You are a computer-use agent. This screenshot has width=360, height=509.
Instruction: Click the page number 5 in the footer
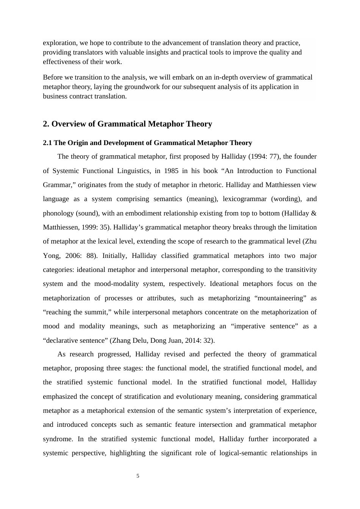click(138, 476)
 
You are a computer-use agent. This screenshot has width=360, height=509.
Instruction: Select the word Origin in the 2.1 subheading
click(77, 143)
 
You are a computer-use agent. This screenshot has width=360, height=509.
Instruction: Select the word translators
click(89, 52)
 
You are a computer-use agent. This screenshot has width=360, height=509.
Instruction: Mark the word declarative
click(61, 340)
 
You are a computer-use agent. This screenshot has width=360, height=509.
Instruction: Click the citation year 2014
click(192, 340)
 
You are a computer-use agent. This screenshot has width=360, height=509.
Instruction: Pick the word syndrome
click(58, 439)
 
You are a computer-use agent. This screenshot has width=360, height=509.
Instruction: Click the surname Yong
click(51, 256)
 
